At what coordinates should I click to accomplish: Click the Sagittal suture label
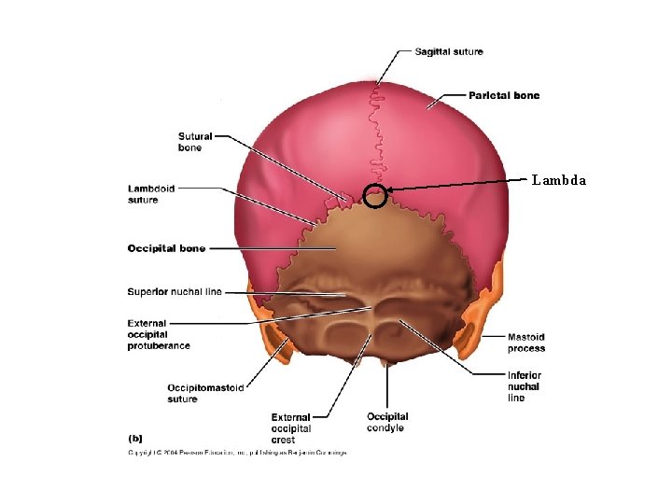point(449,51)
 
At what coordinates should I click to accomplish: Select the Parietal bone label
point(503,95)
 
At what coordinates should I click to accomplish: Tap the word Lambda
point(559,180)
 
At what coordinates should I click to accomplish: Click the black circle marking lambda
point(374,196)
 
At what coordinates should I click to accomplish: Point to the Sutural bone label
point(194,142)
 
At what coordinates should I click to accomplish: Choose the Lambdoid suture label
point(151,194)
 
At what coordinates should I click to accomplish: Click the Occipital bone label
point(166,248)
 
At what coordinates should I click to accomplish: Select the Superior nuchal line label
point(175,292)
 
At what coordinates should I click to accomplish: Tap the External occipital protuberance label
point(159,335)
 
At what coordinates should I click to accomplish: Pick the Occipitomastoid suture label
point(205,393)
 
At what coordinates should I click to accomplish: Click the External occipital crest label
point(291,428)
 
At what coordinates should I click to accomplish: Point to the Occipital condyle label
point(387,422)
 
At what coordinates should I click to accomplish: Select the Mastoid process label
point(526,343)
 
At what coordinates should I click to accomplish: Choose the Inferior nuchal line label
point(524,386)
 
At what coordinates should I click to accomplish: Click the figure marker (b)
point(135,436)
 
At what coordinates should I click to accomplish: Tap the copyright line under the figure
point(237,453)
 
